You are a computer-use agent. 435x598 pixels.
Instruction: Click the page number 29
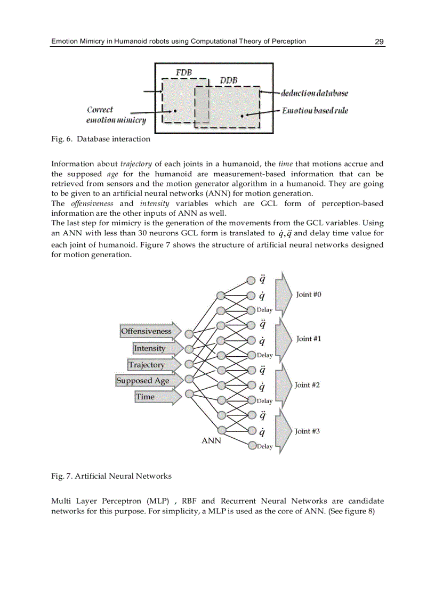[x=379, y=42]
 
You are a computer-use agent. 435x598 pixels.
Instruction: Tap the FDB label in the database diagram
[x=183, y=72]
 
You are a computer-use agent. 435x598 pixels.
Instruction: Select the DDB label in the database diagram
[x=229, y=80]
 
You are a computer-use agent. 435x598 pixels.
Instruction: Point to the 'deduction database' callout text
[x=315, y=93]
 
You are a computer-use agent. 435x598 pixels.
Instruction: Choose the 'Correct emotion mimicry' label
[x=116, y=115]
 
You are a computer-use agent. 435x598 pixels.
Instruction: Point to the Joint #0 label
[x=309, y=294]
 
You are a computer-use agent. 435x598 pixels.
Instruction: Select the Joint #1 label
[x=309, y=339]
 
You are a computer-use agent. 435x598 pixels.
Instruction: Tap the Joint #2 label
[x=307, y=385]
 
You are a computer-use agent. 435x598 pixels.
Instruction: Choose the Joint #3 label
[x=307, y=431]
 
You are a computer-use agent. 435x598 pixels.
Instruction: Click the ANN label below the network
[x=211, y=441]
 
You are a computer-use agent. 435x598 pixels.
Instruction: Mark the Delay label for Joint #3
[x=264, y=447]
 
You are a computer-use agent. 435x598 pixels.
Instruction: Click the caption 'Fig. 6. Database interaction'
[x=101, y=140]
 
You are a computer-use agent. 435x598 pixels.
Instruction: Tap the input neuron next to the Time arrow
[x=189, y=394]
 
